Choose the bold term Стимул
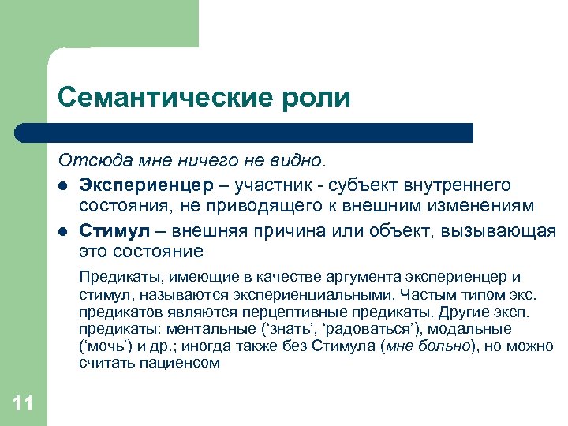click(110, 231)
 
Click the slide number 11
click(24, 404)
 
